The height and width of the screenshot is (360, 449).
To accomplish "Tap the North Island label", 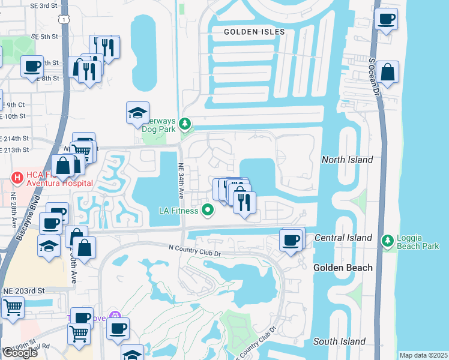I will coord(347,160).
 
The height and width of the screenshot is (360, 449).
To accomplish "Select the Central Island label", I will coord(344,238).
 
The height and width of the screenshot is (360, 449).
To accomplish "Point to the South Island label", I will coord(339,341).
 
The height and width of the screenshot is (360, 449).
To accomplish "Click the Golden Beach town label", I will coord(343,268).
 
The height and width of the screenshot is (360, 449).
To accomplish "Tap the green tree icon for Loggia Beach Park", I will coord(388,240).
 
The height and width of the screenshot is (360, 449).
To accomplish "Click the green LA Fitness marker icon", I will coord(208,210).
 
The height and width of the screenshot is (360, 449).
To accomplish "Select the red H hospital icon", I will coord(17,178).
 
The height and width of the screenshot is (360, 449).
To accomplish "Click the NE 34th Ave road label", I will coord(181,180).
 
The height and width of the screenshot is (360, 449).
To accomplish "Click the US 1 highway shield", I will coord(63,20).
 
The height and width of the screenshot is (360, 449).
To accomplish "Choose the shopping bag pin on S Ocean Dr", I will coord(388,72).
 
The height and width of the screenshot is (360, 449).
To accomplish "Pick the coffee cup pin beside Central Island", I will coord(292,240).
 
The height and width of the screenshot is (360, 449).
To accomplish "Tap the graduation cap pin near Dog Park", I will coord(137,112).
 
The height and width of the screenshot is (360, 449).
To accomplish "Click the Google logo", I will coord(19,353).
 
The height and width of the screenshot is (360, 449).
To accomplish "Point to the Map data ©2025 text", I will coord(423,355).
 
